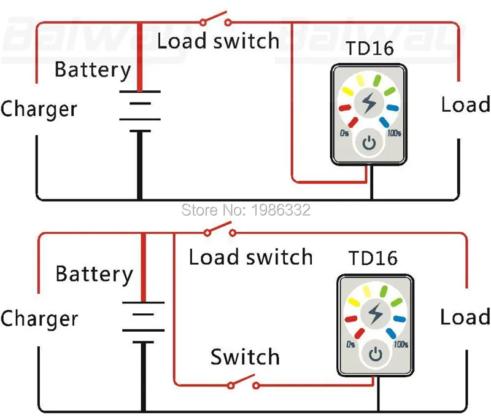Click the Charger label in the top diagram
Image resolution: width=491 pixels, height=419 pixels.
tap(39, 109)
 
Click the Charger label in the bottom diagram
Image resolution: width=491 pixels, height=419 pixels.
tap(39, 319)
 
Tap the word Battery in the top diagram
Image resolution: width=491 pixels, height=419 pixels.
tap(93, 69)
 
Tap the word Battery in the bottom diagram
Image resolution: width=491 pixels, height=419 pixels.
tap(94, 273)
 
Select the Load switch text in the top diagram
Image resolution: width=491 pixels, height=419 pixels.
tap(218, 41)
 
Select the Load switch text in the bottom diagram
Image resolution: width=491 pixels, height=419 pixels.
tap(250, 257)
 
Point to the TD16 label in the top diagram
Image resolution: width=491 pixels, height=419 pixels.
tap(370, 49)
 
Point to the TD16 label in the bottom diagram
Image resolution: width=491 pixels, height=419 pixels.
tap(373, 257)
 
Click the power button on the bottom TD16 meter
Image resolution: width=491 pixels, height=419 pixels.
tap(376, 354)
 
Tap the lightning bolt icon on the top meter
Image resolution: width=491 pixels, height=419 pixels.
tap(368, 103)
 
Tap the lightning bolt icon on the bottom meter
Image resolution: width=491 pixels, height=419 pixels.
tap(375, 314)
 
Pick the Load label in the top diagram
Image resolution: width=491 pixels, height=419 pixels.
tap(465, 104)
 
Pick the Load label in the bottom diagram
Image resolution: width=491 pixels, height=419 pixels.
tap(465, 317)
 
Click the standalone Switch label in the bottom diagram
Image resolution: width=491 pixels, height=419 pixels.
tap(245, 356)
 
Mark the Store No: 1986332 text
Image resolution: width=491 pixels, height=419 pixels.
tap(246, 209)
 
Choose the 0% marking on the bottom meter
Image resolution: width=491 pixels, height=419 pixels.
tap(350, 344)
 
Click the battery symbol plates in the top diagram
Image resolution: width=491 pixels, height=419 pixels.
tap(140, 111)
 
